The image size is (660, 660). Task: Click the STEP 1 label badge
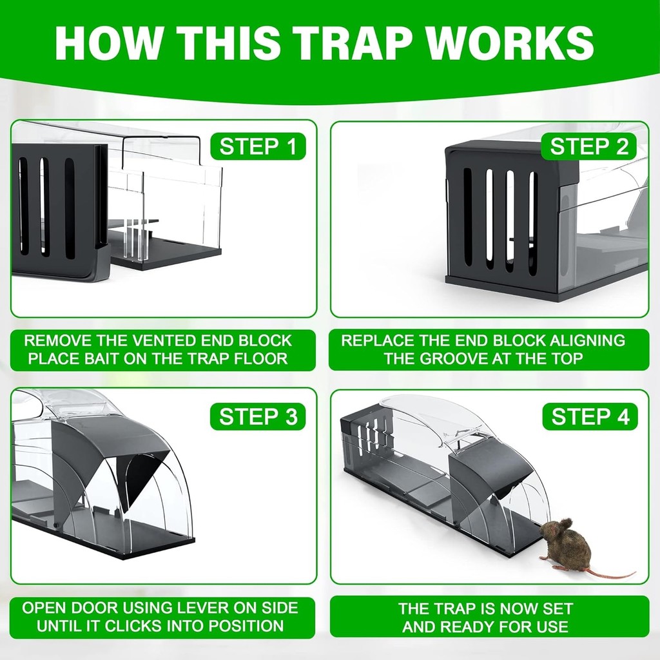(258, 146)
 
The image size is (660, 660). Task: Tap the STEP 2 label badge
(589, 146)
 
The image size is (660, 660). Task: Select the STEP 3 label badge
(258, 416)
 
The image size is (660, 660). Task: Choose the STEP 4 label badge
(590, 416)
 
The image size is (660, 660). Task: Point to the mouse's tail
(610, 575)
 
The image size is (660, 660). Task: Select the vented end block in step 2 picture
(502, 219)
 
